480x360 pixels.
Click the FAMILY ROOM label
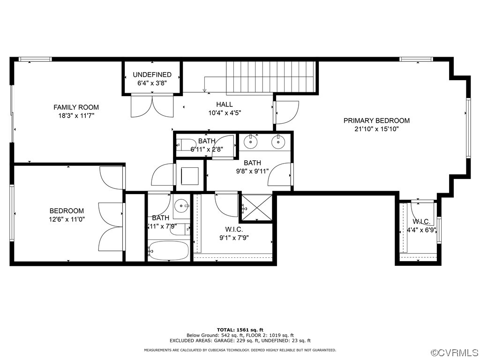[x=76, y=107]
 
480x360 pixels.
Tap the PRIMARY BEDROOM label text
[x=376, y=120]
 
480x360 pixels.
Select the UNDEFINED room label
[x=152, y=75]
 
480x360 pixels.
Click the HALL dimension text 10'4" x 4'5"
[x=225, y=112]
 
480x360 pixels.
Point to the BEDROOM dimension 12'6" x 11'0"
[x=67, y=219]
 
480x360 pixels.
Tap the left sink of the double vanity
[x=252, y=141]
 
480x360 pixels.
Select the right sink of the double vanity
[x=278, y=141]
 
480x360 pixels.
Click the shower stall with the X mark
[x=256, y=208]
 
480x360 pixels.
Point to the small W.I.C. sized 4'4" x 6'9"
[x=421, y=226]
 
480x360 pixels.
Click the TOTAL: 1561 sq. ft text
[x=240, y=330]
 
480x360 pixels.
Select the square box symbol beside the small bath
[x=190, y=176]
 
